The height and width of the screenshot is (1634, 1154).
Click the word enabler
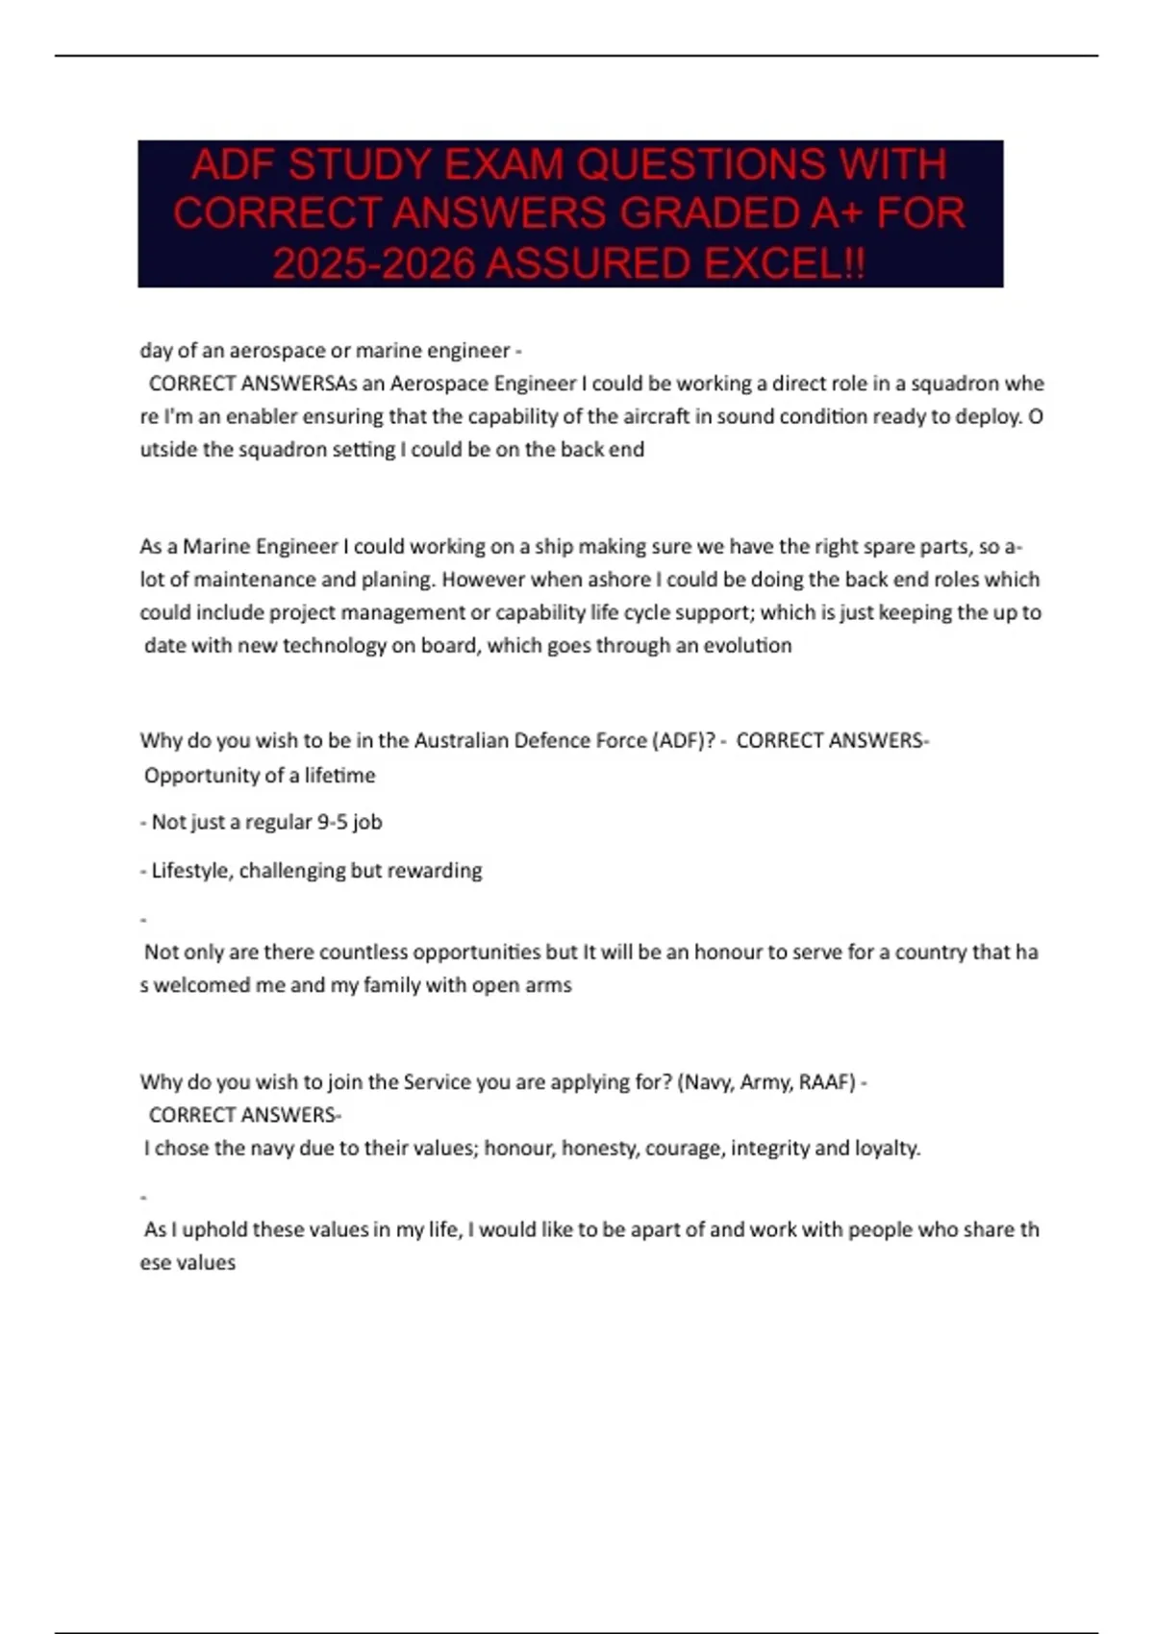[262, 416]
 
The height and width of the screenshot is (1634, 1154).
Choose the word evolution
[747, 645]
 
